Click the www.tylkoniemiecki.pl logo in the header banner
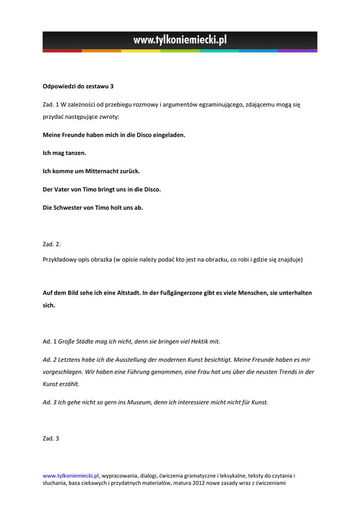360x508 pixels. (180, 40)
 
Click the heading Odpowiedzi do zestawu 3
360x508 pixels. (78, 86)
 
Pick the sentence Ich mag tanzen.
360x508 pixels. (65, 153)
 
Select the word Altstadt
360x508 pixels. (127, 293)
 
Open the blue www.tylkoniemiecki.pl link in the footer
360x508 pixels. (71, 475)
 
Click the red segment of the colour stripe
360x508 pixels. (62, 51)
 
